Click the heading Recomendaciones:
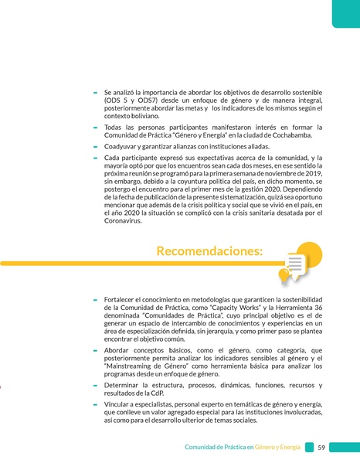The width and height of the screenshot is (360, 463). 209,251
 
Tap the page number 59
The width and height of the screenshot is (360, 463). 321,447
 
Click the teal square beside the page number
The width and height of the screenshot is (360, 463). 309,447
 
